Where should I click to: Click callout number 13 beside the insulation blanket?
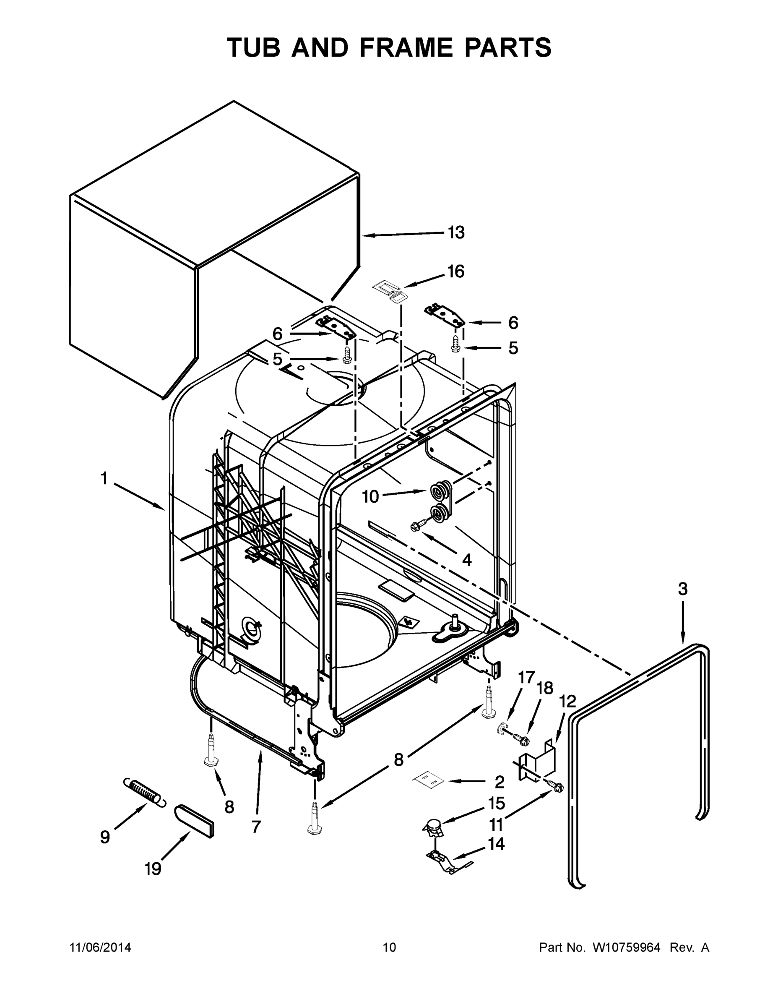coord(456,233)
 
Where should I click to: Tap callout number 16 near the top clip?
coord(455,271)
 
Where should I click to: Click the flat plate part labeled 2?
coord(427,779)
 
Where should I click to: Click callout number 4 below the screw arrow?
coord(466,560)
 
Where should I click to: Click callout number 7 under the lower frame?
coord(256,827)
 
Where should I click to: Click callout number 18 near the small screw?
coord(545,689)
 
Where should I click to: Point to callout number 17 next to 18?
coord(526,677)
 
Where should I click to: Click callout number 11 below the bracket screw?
coord(496,824)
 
